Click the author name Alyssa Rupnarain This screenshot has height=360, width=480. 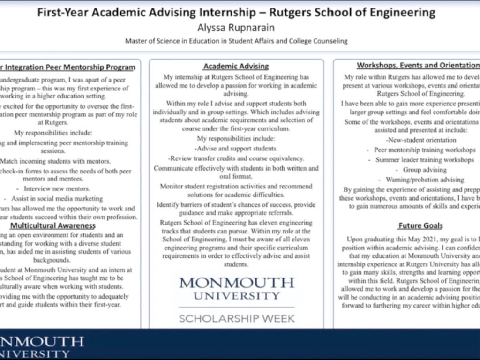click(x=236, y=28)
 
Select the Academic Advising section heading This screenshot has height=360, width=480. click(x=236, y=67)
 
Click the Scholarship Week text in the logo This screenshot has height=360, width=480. click(x=236, y=319)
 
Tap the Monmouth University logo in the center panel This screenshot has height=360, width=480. click(x=236, y=289)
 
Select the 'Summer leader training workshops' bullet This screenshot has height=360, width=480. click(x=425, y=160)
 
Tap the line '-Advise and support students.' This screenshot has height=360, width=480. click(x=236, y=149)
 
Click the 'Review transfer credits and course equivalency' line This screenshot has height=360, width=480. click(x=236, y=158)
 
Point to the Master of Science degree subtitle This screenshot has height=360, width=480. click(x=236, y=41)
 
